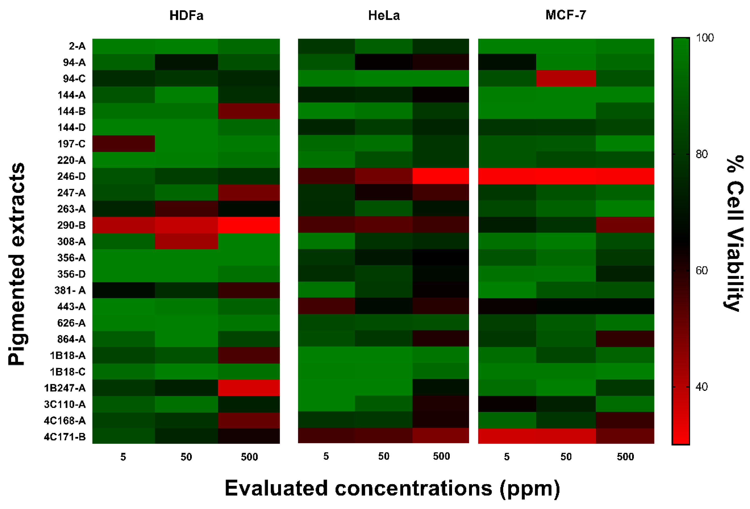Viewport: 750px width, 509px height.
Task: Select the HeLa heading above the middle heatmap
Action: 384,16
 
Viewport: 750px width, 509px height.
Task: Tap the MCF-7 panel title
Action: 565,15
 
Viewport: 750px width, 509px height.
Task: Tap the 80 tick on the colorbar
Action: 702,154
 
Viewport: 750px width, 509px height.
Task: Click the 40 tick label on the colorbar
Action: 702,386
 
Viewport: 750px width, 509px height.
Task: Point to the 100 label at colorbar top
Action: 705,38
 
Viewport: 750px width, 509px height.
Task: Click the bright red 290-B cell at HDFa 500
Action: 249,225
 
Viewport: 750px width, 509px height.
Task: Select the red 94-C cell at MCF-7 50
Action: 565,78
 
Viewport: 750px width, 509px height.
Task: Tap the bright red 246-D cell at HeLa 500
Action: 440,176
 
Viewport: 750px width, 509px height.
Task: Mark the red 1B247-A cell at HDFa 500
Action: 249,387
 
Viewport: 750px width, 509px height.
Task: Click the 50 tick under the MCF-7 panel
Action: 566,457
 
